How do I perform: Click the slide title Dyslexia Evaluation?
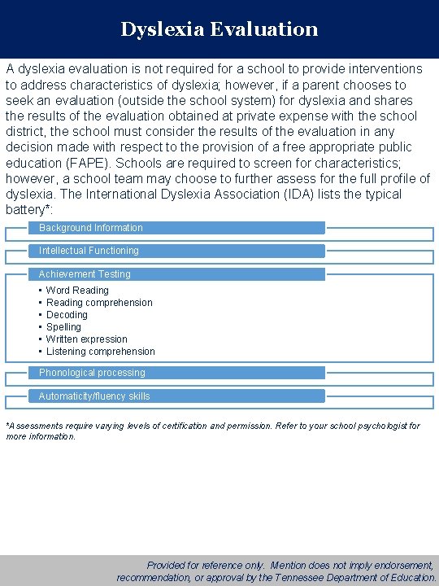pos(219,29)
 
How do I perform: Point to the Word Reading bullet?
pos(77,291)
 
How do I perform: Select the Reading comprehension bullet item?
pos(99,303)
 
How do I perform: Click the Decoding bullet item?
pos(67,315)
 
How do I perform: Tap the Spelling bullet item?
pos(63,327)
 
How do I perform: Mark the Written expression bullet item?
pos(86,339)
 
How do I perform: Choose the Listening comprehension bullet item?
pos(100,352)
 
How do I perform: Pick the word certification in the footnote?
pos(176,426)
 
